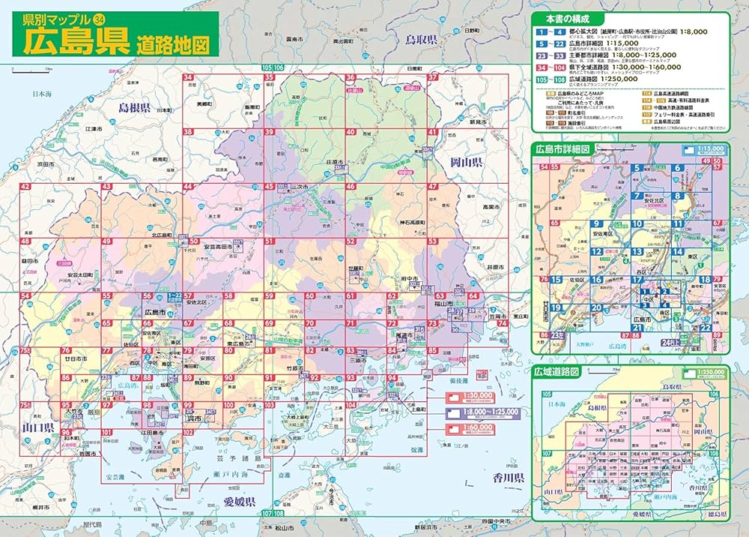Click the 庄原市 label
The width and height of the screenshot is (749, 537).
coord(334,162)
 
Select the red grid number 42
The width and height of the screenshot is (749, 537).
coord(25,187)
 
